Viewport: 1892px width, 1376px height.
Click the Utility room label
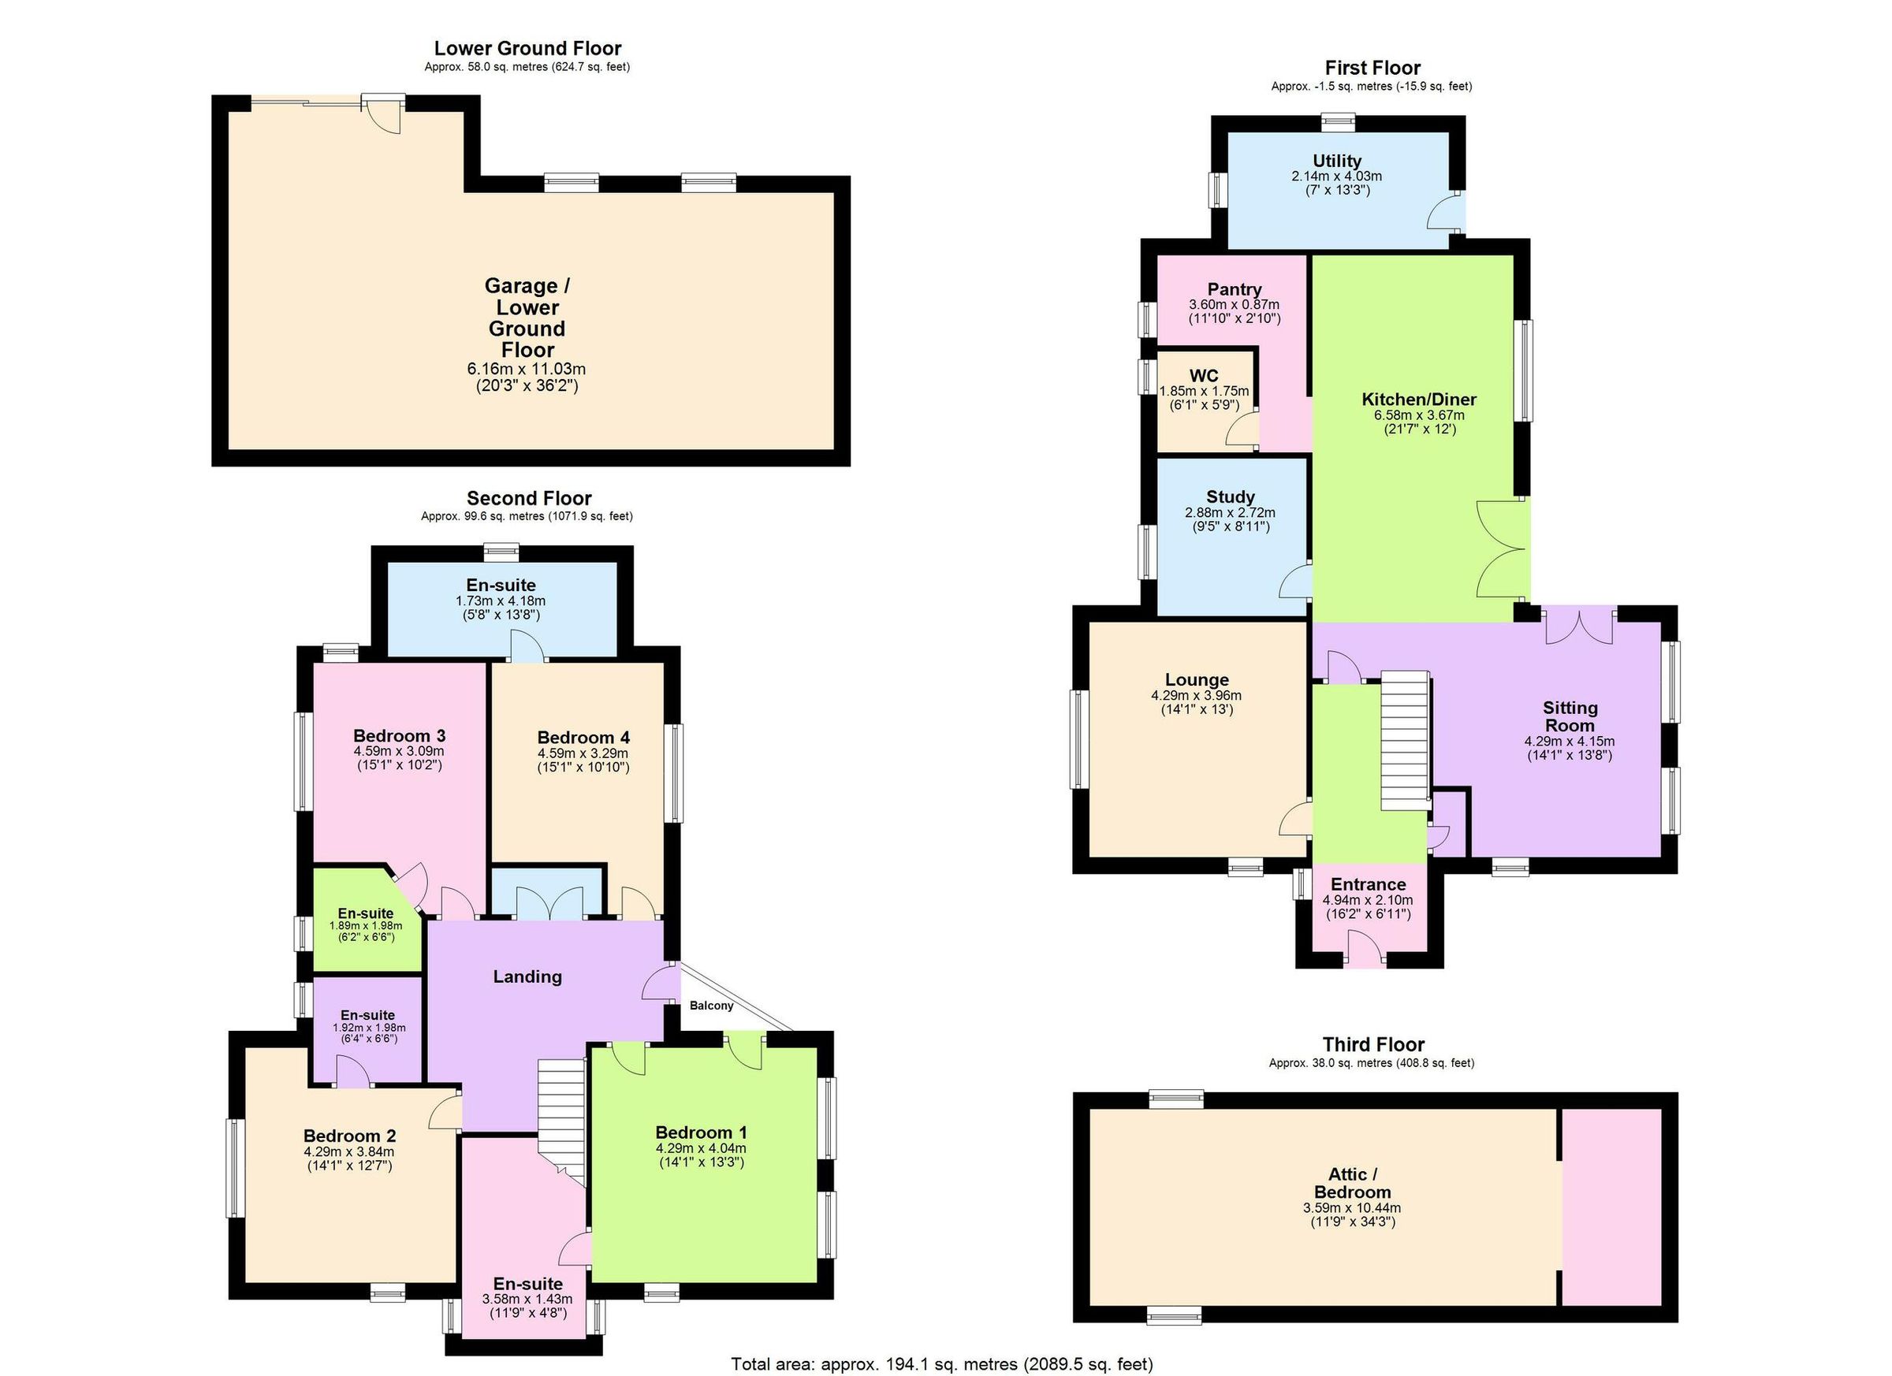pos(1336,161)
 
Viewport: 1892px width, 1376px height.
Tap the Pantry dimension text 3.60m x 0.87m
pos(1234,304)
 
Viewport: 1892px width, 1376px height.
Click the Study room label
pos(1230,497)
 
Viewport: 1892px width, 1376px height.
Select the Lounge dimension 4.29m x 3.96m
pos(1195,696)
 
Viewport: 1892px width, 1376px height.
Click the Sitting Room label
pos(1569,716)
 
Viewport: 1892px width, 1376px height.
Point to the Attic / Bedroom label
pos(1351,1184)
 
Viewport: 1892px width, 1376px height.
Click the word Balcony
pos(711,1006)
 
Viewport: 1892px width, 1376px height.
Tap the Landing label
pos(527,976)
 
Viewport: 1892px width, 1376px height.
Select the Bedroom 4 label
pos(583,737)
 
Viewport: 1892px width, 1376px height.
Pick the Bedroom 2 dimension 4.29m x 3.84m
pos(348,1151)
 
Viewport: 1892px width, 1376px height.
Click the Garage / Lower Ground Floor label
pos(527,318)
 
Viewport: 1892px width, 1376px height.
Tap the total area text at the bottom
pos(942,1364)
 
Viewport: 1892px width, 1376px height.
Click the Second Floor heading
pos(529,498)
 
